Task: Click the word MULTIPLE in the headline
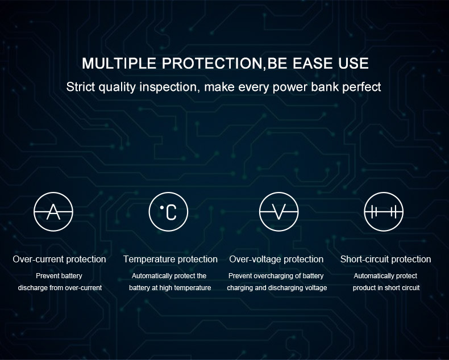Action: pyautogui.click(x=119, y=63)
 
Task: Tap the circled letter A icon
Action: pyautogui.click(x=53, y=212)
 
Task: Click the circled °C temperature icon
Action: pyautogui.click(x=168, y=212)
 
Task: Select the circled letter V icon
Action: pyautogui.click(x=278, y=212)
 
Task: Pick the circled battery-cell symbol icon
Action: pyautogui.click(x=384, y=212)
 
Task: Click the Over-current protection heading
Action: pyautogui.click(x=59, y=259)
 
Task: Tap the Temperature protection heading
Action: pyautogui.click(x=171, y=259)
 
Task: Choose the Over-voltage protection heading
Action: pyautogui.click(x=276, y=259)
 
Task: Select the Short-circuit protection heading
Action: pyautogui.click(x=386, y=259)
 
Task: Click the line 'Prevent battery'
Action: pyautogui.click(x=59, y=276)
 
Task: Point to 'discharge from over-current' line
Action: pyautogui.click(x=60, y=287)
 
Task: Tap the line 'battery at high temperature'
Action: pyautogui.click(x=170, y=287)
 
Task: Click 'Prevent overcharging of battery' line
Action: pyautogui.click(x=276, y=276)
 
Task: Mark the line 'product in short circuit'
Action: pyautogui.click(x=386, y=287)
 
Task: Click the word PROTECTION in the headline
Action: pyautogui.click(x=212, y=63)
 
